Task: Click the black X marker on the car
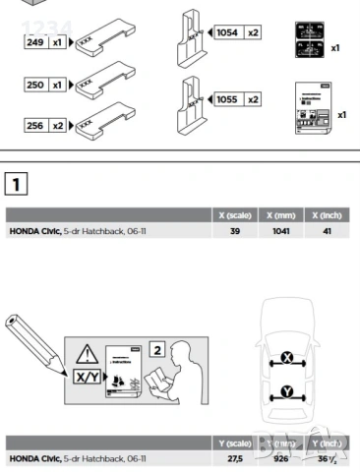click(286, 357)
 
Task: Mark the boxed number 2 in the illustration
click(156, 349)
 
